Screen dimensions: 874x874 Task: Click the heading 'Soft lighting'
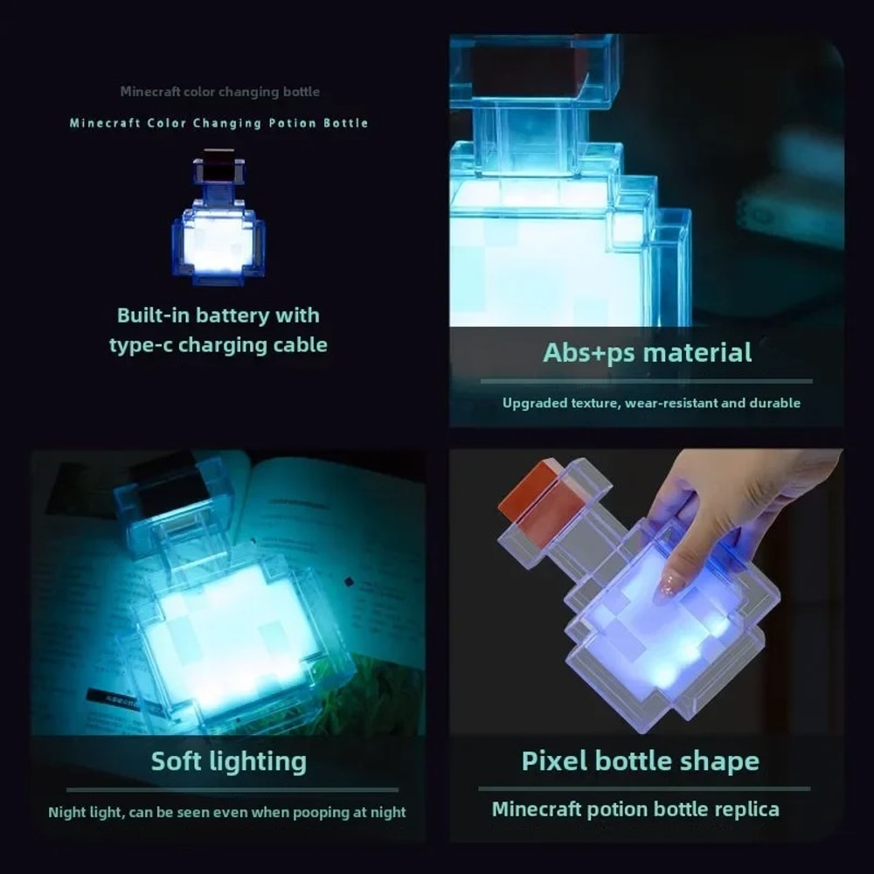click(x=229, y=761)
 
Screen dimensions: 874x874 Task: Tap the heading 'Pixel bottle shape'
click(x=640, y=760)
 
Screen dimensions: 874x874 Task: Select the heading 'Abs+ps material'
click(x=647, y=353)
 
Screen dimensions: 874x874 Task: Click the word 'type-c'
click(x=144, y=345)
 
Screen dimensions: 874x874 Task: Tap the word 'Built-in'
click(x=153, y=316)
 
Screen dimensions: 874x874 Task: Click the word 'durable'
click(x=774, y=403)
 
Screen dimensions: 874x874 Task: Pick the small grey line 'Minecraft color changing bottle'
click(x=219, y=92)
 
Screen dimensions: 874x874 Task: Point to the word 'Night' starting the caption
click(x=67, y=813)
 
